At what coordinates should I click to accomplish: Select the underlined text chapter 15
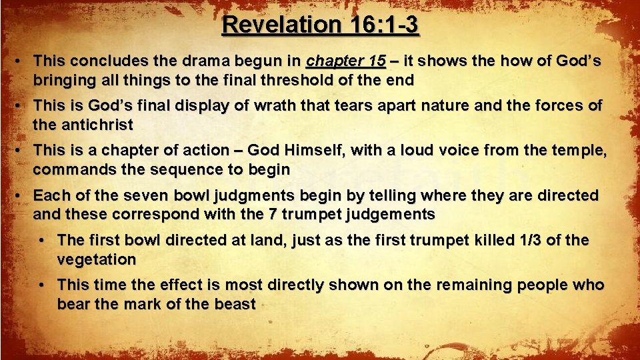coord(345,61)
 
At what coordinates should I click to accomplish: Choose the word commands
coord(67,170)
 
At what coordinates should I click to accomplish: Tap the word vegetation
coord(97,259)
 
